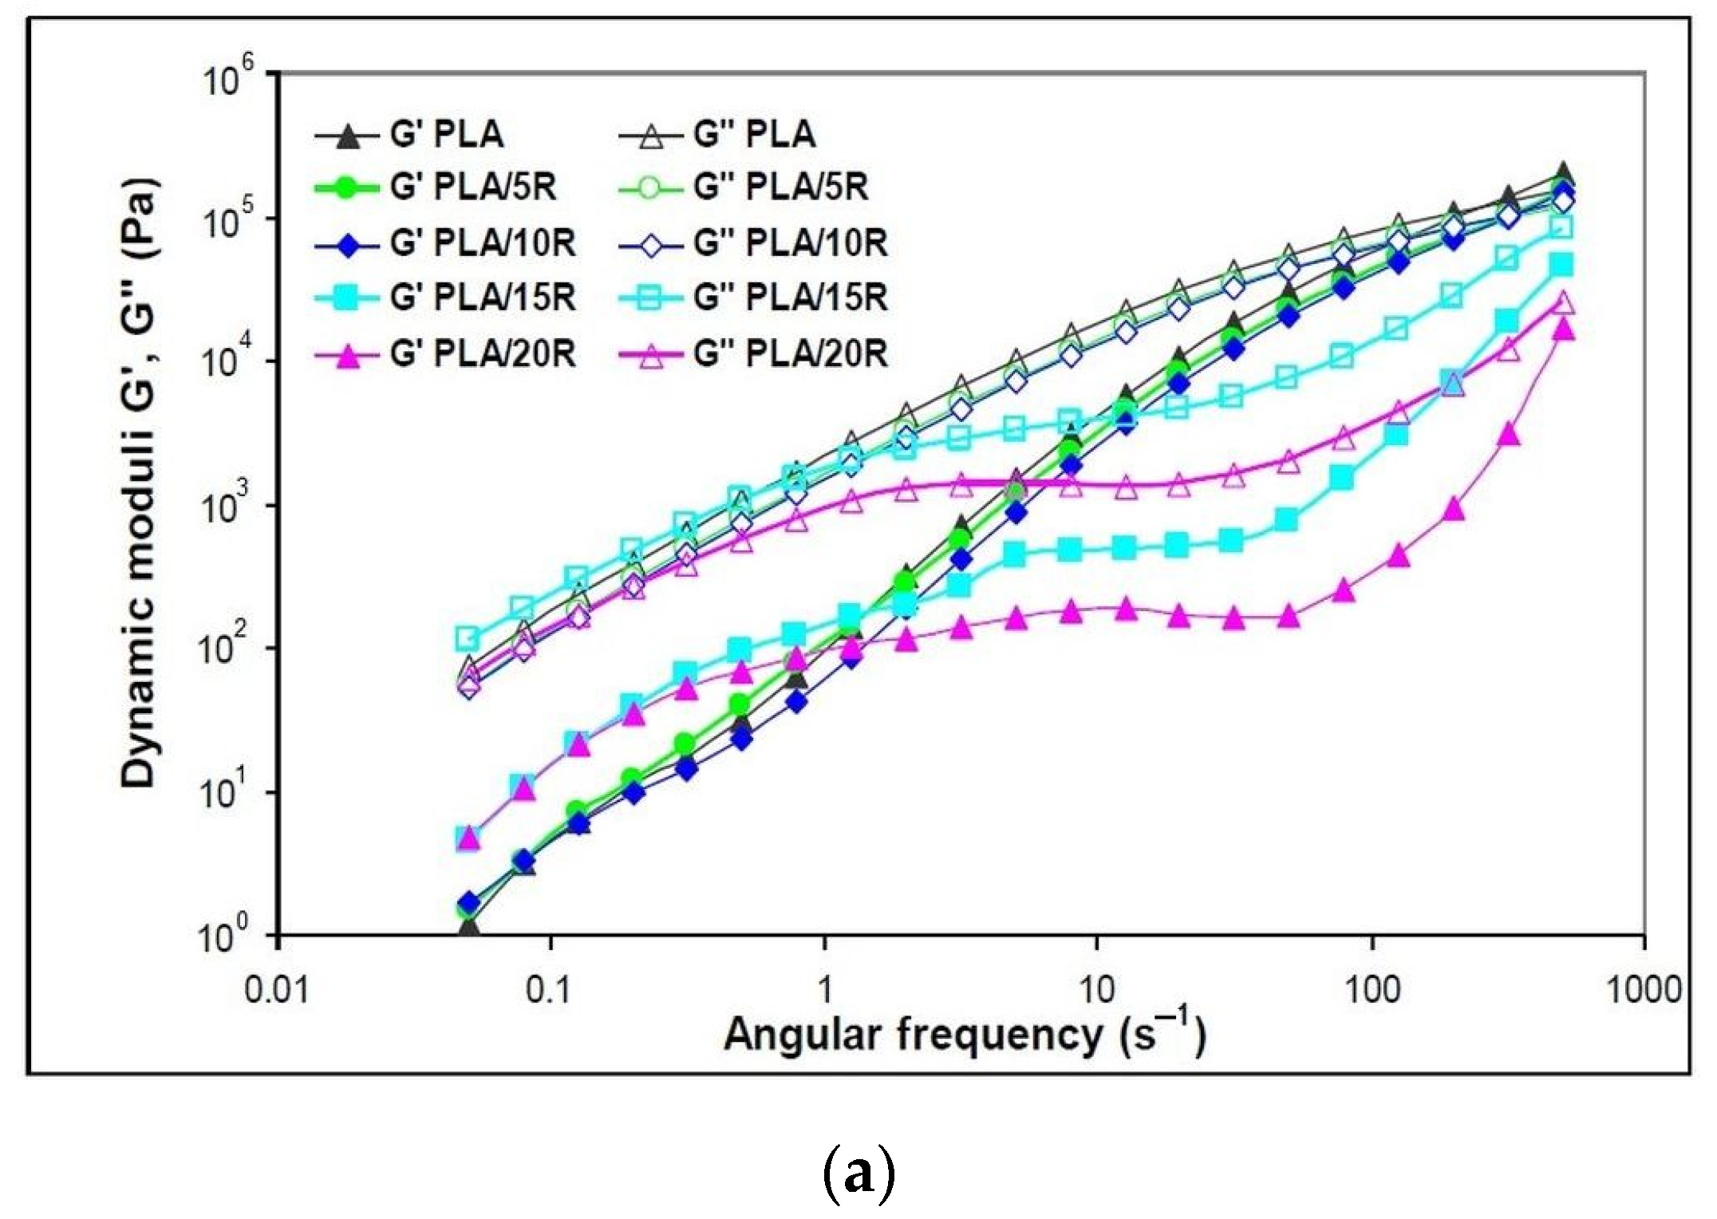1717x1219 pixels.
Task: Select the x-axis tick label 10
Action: click(1096, 990)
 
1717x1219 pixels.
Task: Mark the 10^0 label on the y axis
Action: click(227, 935)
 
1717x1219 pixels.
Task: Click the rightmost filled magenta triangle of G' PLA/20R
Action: click(1564, 329)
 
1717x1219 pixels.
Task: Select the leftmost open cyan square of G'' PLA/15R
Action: click(468, 638)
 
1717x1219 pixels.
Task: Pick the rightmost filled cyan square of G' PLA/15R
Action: click(1563, 265)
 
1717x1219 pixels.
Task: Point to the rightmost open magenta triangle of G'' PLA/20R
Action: click(1564, 303)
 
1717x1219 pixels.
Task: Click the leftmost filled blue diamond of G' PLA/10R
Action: click(470, 902)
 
